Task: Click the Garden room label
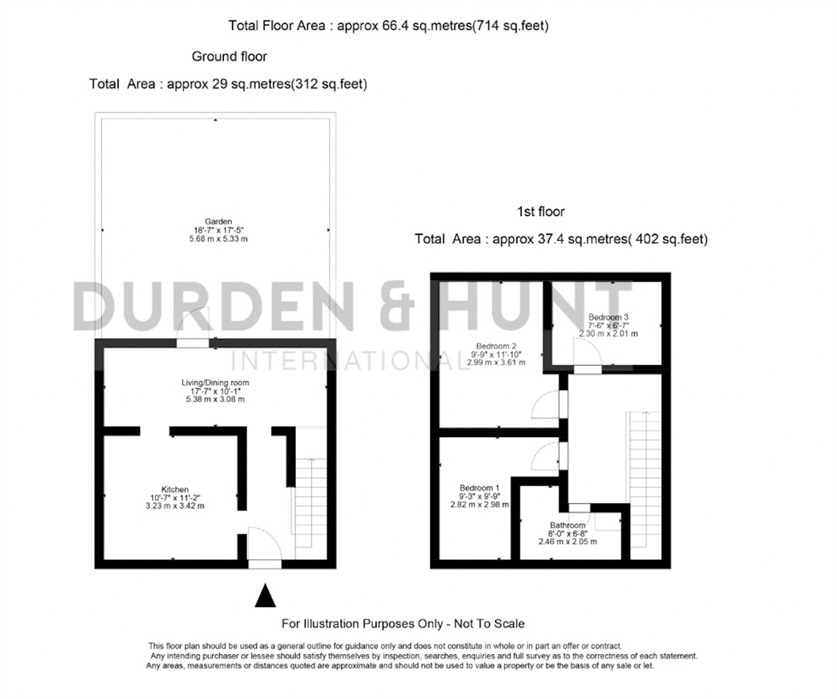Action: (218, 221)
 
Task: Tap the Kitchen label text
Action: (175, 489)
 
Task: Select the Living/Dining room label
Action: (215, 383)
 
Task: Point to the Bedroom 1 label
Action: (479, 488)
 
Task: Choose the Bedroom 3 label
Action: (608, 317)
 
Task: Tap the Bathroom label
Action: (568, 525)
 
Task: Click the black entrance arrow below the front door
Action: (265, 596)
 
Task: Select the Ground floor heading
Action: (229, 56)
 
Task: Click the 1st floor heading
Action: (541, 212)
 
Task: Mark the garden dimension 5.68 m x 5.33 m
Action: (218, 239)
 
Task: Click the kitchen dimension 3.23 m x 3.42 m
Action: (175, 505)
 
